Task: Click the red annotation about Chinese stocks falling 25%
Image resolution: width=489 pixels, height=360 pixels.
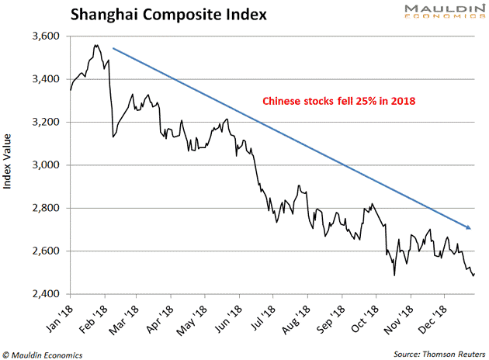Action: tap(339, 101)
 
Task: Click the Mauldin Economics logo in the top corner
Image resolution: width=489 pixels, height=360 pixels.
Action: tap(439, 15)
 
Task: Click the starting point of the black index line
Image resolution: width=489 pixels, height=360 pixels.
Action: tap(71, 91)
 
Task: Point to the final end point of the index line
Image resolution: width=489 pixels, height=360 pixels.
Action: tap(473, 274)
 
